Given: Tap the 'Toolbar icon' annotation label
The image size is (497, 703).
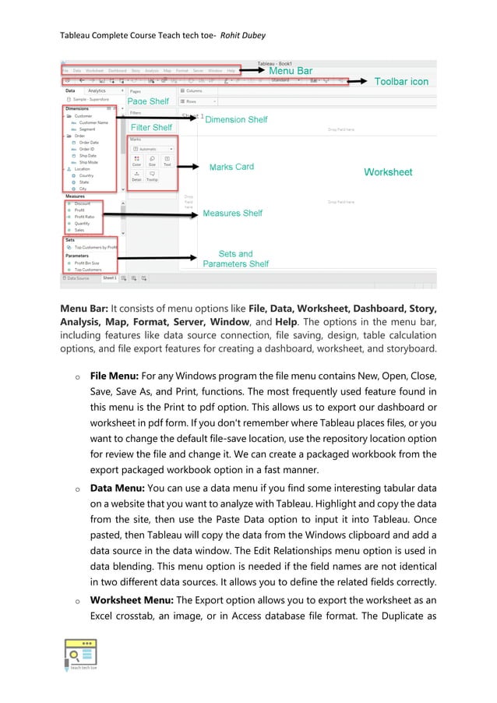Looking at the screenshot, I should (401, 81).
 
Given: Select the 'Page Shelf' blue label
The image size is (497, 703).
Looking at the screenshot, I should (148, 101).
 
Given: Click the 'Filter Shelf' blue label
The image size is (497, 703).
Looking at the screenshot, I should (151, 127).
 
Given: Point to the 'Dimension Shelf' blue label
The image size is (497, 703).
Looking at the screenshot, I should (236, 119).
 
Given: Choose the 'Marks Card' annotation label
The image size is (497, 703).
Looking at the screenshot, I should (231, 167).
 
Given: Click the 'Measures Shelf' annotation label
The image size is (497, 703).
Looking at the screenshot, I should (232, 213).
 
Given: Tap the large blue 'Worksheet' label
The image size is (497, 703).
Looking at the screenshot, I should (388, 171).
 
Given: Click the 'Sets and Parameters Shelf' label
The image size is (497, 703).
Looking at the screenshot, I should (235, 259).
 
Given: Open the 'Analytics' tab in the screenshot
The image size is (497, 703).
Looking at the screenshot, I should (97, 90).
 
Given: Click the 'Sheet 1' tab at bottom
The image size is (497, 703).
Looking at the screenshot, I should (110, 277).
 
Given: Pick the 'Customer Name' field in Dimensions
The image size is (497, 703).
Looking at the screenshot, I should (93, 122).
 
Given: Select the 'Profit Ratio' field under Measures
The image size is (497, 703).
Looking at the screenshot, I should (85, 217).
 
